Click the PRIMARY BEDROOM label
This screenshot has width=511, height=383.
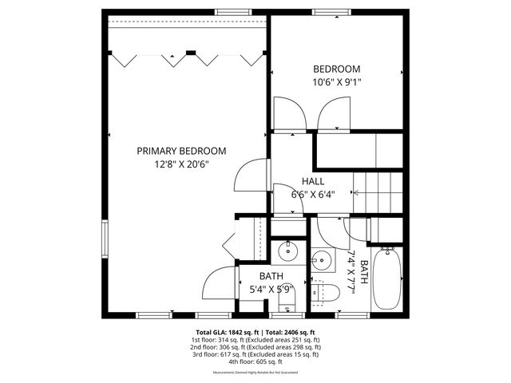tap(180, 151)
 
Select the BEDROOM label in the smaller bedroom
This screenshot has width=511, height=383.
tap(336, 69)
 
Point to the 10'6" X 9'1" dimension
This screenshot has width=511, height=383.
tap(336, 81)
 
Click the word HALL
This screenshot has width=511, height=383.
tap(312, 181)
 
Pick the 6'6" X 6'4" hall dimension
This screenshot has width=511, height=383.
tap(312, 194)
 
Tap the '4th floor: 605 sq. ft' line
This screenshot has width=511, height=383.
tap(255, 362)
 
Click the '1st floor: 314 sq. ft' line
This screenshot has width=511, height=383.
tap(255, 340)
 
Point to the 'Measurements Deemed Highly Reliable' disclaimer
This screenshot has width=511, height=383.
tap(255, 373)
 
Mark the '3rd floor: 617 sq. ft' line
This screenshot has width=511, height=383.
tap(255, 355)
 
